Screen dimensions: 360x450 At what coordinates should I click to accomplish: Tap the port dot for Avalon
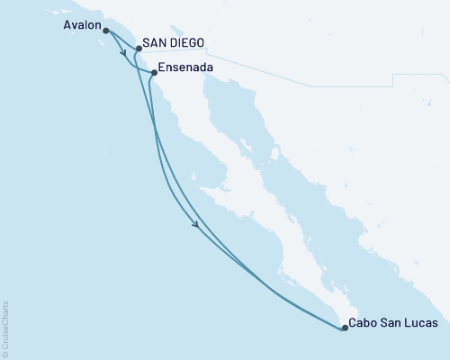tap(106, 31)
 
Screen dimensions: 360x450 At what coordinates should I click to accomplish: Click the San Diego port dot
tap(139, 49)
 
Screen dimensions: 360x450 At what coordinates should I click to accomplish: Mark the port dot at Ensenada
tap(155, 72)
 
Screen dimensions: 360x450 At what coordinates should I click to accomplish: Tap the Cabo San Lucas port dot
tap(345, 328)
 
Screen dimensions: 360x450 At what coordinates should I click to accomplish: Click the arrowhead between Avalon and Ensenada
tap(122, 53)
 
